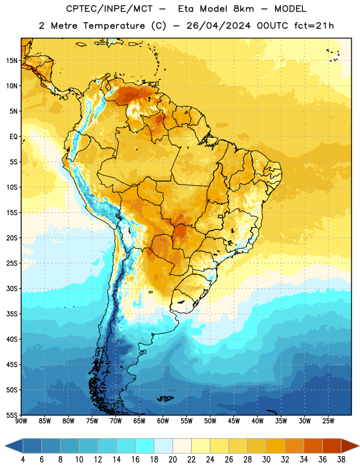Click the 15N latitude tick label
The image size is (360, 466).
tap(12, 61)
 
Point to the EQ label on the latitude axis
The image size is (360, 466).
tap(13, 137)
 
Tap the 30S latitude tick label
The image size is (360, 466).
tap(12, 288)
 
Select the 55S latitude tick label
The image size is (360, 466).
tap(12, 415)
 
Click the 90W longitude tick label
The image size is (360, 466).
tap(21, 421)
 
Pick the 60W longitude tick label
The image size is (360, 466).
tap(163, 421)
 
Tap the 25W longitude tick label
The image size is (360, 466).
tap(328, 421)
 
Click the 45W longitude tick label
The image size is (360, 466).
tap(234, 421)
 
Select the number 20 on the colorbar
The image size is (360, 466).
tap(172, 460)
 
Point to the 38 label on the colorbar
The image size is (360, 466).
tap(341, 460)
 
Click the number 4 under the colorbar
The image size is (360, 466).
tap(23, 460)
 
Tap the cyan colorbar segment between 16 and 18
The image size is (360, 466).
tap(144, 446)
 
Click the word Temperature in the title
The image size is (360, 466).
tap(114, 26)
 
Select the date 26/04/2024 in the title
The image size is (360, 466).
tap(218, 26)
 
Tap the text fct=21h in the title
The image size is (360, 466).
tap(314, 26)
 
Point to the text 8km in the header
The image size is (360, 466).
tap(243, 9)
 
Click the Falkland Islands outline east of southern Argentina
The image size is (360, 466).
tap(165, 398)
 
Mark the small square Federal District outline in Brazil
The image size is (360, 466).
tap(221, 216)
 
